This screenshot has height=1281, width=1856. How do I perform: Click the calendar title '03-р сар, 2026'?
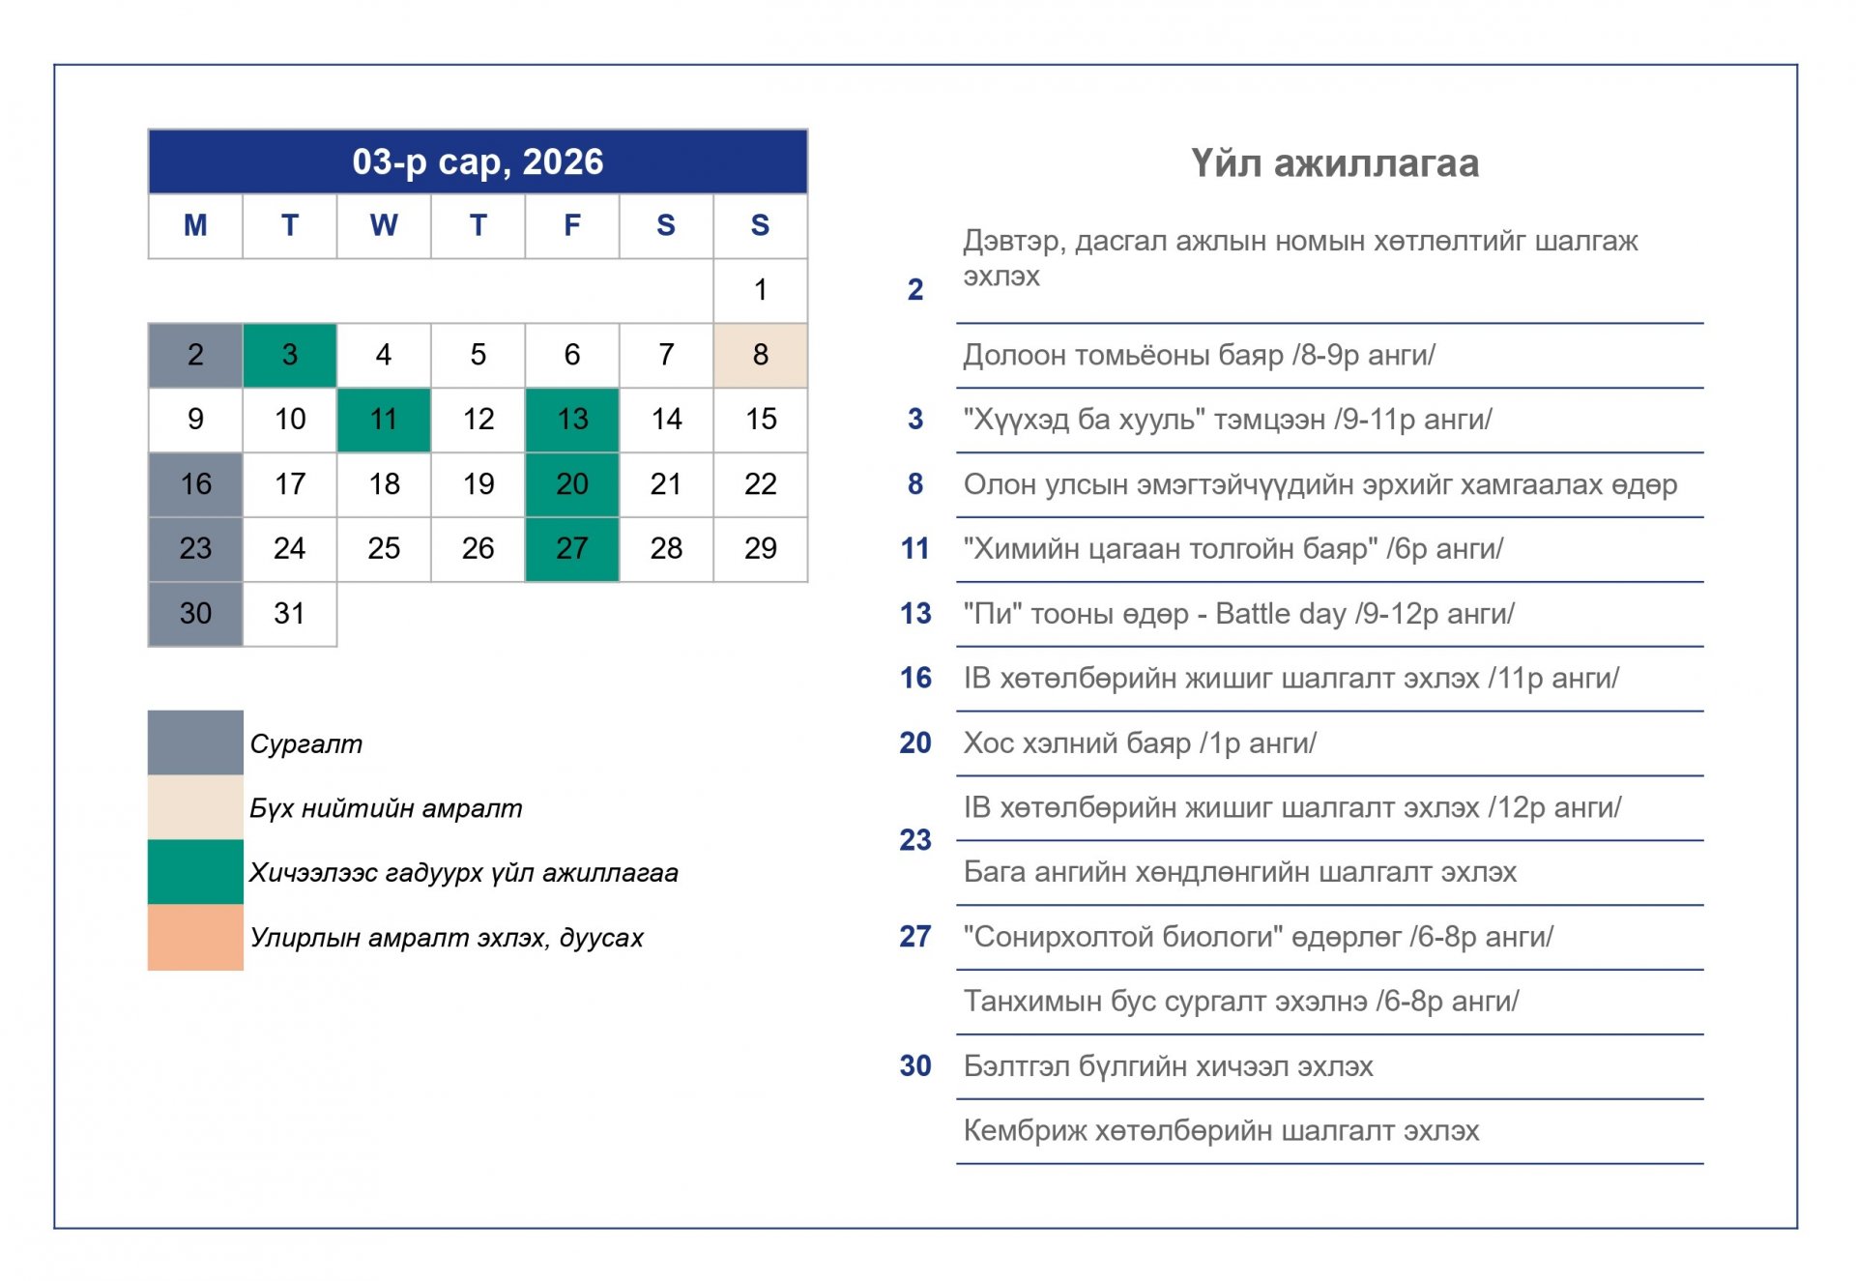pyautogui.click(x=478, y=161)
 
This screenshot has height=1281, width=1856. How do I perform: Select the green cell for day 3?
pyautogui.click(x=289, y=355)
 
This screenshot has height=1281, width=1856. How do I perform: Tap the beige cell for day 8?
pyautogui.click(x=761, y=355)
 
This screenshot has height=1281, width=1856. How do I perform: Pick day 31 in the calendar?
pyautogui.click(x=289, y=613)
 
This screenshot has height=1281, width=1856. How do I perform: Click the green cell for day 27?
pyautogui.click(x=572, y=548)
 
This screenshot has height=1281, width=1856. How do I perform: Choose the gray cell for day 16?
pyautogui.click(x=195, y=483)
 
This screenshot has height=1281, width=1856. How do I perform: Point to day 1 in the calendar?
pyautogui.click(x=761, y=290)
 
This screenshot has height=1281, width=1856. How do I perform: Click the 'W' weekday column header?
pyautogui.click(x=384, y=225)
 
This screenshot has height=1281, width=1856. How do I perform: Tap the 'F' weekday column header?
pyautogui.click(x=572, y=225)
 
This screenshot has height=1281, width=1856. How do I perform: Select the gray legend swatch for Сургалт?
pyautogui.click(x=195, y=742)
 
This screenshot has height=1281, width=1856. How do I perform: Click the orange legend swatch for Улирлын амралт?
pyautogui.click(x=195, y=937)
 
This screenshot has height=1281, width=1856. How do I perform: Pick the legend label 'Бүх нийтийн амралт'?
pyautogui.click(x=386, y=808)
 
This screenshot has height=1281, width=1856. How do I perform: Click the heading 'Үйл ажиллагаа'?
pyautogui.click(x=1334, y=163)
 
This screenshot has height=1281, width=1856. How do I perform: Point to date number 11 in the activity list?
pyautogui.click(x=914, y=549)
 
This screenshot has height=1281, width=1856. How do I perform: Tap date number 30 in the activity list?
pyautogui.click(x=914, y=1065)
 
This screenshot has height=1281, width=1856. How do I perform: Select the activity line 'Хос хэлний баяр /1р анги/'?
pyautogui.click(x=1140, y=743)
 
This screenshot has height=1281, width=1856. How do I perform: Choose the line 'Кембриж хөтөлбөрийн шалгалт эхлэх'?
pyautogui.click(x=1221, y=1130)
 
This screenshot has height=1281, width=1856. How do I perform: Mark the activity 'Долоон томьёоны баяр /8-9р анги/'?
pyautogui.click(x=1199, y=355)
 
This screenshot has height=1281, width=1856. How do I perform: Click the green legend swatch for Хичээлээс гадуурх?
pyautogui.click(x=195, y=872)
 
